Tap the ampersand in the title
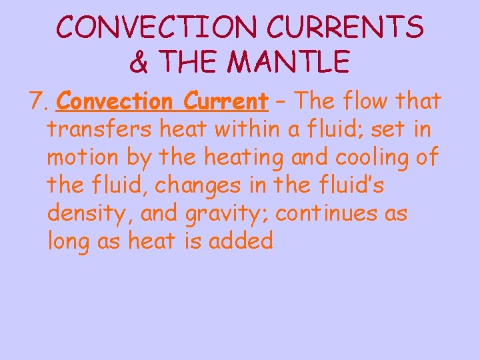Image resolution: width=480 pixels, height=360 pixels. pyautogui.click(x=139, y=63)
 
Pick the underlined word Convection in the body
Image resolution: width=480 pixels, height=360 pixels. pyautogui.click(x=114, y=102)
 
